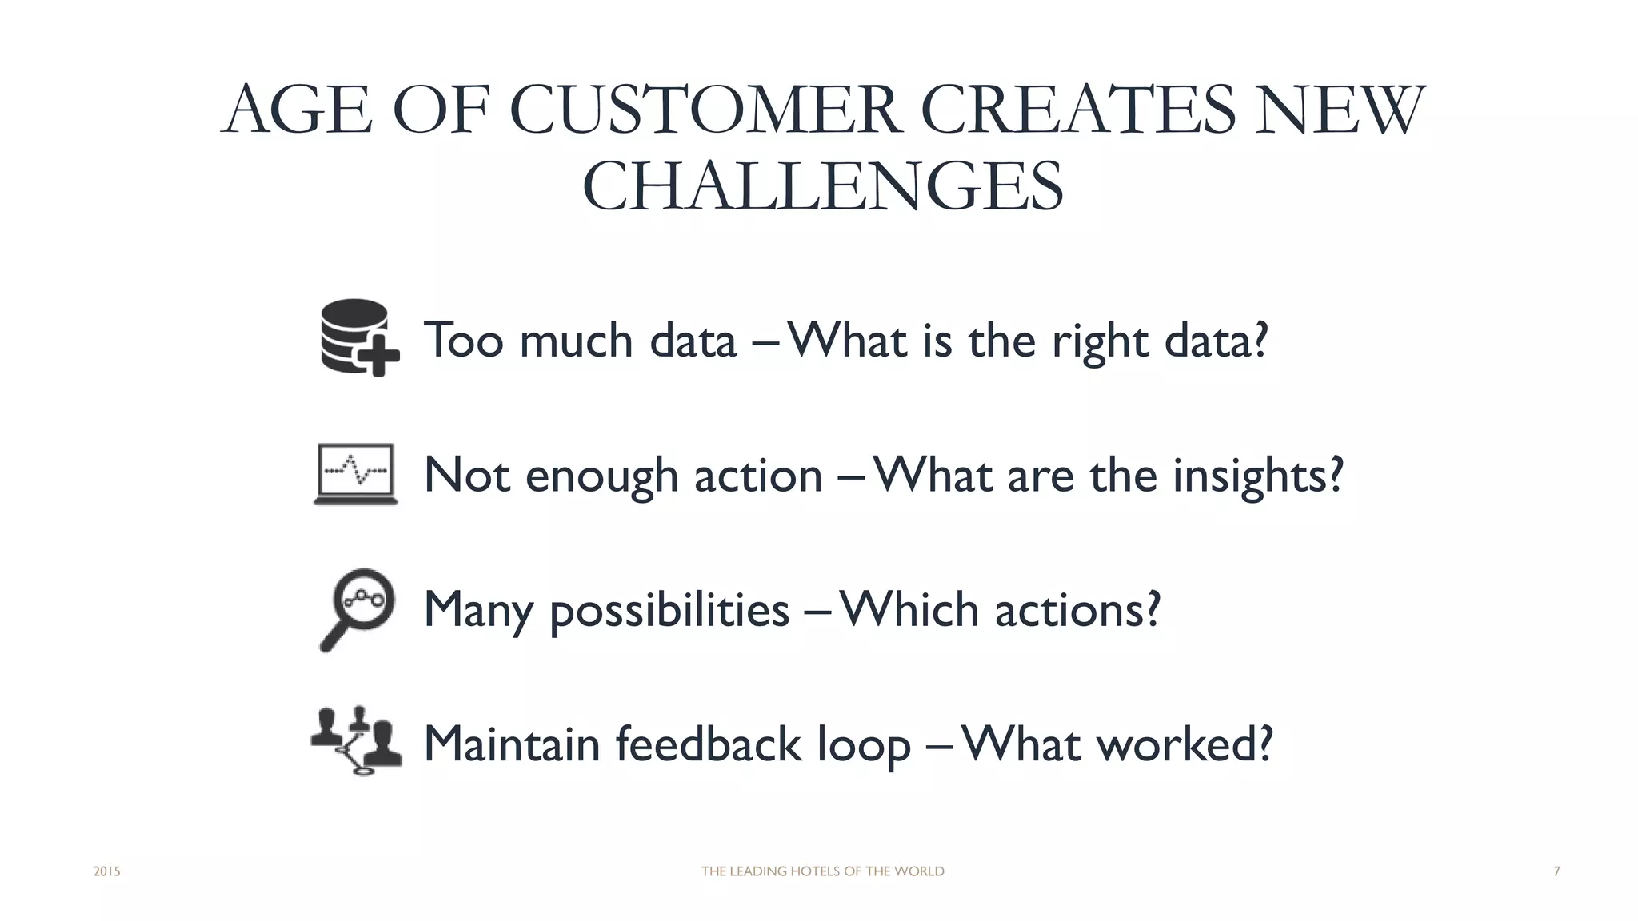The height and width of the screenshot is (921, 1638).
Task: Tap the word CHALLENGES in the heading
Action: (823, 186)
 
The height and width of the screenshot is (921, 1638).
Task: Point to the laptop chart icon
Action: (356, 473)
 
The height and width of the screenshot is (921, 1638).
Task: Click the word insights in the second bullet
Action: (1257, 476)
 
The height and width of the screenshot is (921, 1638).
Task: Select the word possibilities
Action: (669, 610)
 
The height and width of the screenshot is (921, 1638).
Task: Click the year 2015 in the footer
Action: (106, 871)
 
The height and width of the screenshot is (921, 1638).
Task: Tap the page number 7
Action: (1556, 871)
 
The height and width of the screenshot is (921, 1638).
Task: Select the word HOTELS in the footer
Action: (815, 871)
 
